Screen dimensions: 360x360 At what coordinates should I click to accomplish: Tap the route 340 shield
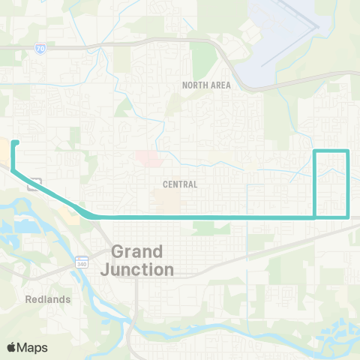pos(81,262)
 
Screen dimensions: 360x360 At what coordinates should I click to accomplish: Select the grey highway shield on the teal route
pos(34,184)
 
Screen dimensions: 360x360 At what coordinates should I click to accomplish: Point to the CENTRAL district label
pos(180,184)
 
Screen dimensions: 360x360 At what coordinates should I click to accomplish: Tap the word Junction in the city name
pos(142,268)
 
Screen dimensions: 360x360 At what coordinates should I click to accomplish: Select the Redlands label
pos(47,298)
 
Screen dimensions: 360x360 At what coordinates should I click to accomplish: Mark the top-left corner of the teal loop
pos(314,152)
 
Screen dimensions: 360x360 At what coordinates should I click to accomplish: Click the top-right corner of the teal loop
pos(349,152)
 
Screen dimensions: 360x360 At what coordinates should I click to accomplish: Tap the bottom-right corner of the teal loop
pos(349,217)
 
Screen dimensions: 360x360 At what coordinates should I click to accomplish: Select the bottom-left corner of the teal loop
pos(314,217)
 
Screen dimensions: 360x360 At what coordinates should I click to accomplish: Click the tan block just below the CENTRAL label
pos(166,199)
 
